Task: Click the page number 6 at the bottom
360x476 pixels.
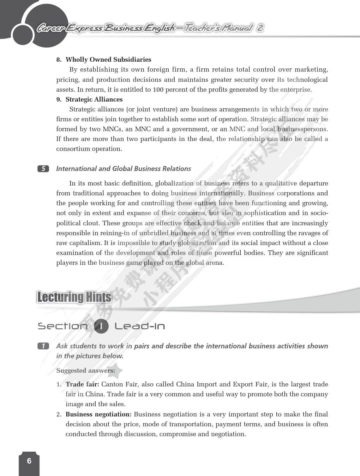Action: (x=29, y=461)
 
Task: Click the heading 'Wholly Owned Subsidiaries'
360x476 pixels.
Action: (x=108, y=60)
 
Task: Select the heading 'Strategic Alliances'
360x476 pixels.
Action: (x=94, y=99)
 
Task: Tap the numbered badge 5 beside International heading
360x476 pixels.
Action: (x=43, y=169)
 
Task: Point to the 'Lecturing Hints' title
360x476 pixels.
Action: (x=74, y=298)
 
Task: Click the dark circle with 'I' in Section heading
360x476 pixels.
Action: (x=101, y=326)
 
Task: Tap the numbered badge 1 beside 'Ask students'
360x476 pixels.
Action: (x=43, y=346)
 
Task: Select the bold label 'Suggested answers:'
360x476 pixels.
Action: (x=86, y=371)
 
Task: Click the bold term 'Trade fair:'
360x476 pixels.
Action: (x=82, y=384)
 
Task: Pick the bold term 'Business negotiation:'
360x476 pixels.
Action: (x=98, y=414)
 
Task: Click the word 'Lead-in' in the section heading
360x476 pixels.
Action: (x=140, y=326)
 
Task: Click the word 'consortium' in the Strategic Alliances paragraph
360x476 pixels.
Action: (x=73, y=149)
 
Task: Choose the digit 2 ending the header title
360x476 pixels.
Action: (x=260, y=28)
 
